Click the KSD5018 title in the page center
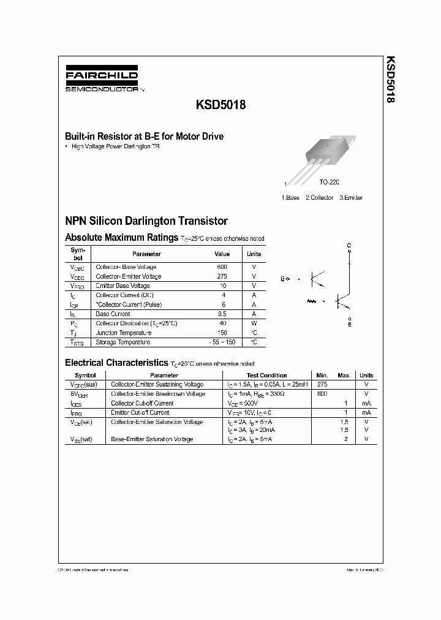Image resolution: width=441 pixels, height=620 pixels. [x=221, y=105]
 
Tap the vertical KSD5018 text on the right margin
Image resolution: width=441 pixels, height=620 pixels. [x=390, y=80]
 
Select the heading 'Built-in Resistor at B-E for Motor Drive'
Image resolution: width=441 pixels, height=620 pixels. [x=144, y=137]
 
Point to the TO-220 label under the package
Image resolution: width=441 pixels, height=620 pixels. [x=329, y=183]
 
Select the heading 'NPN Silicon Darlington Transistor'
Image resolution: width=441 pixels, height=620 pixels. [x=146, y=221]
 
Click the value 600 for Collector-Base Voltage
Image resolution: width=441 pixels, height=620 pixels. [x=222, y=267]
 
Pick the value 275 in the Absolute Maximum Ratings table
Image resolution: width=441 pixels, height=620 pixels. [x=222, y=276]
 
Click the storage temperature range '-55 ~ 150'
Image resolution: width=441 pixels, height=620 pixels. [x=222, y=342]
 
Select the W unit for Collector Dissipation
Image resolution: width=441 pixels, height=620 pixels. [x=254, y=323]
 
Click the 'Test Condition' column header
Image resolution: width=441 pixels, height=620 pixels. [x=266, y=375]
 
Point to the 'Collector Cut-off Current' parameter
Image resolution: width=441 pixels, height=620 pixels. [x=142, y=403]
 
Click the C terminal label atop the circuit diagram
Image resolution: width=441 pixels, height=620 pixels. [x=349, y=246]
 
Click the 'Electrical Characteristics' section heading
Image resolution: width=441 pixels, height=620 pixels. [x=116, y=363]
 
